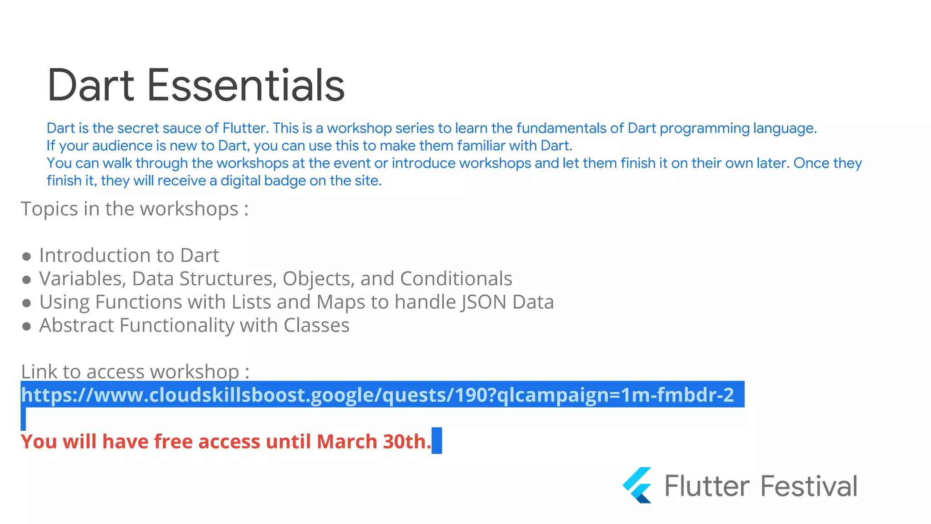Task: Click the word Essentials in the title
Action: (245, 86)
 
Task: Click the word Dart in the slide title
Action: (91, 86)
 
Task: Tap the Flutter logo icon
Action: (637, 485)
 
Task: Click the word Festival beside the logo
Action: (809, 486)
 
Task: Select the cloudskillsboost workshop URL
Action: (377, 395)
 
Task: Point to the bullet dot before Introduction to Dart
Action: (26, 257)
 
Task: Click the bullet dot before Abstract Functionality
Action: (26, 326)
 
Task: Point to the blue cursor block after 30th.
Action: (436, 441)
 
